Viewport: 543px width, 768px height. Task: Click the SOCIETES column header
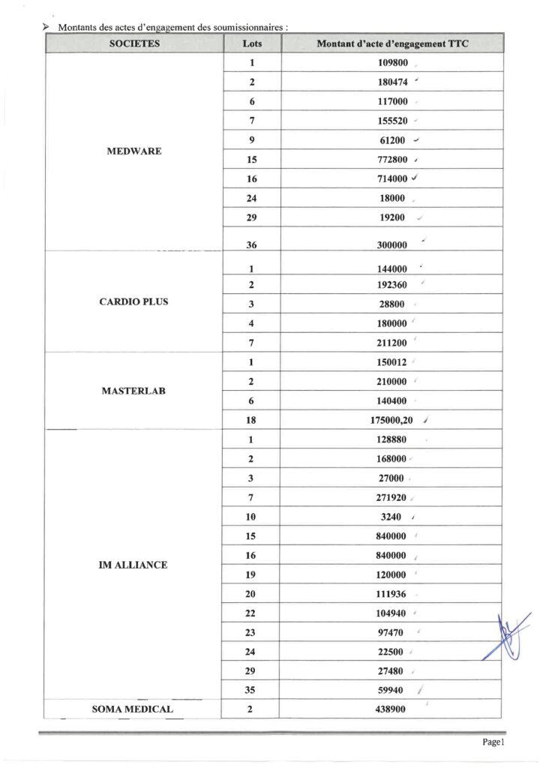tap(135, 44)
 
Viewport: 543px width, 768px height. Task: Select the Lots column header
tap(252, 44)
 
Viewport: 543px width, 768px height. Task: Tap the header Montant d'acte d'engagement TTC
tap(393, 44)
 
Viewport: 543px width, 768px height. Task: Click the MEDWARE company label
tap(135, 151)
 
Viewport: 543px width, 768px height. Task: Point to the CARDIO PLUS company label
tap(133, 302)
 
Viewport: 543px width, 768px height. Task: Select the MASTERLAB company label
tap(133, 391)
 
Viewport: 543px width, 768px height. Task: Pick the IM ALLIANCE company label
tap(133, 565)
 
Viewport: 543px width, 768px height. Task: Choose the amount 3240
tap(392, 517)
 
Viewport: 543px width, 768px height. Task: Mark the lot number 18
tap(252, 421)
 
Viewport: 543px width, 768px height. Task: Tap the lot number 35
tap(252, 690)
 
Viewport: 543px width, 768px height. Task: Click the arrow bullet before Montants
tap(46, 26)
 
